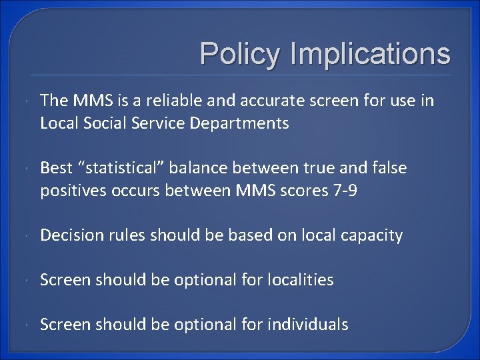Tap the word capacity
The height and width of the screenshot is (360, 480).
click(x=373, y=235)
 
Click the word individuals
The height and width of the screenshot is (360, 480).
click(x=307, y=325)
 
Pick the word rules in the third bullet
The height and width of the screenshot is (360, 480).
click(x=126, y=235)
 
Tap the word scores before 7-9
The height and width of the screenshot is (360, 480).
click(x=301, y=191)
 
